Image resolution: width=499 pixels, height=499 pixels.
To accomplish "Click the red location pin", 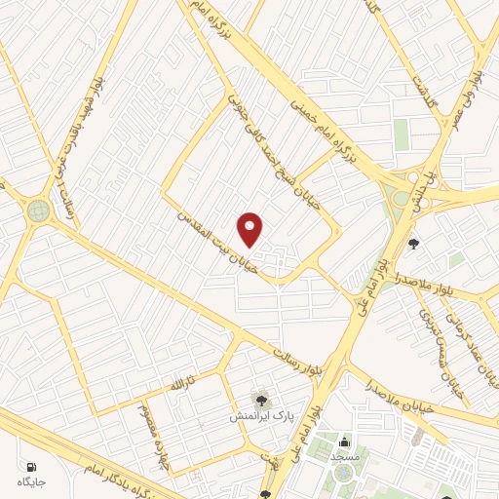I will point(250,229).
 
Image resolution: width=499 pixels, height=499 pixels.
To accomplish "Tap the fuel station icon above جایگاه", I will point(31,467).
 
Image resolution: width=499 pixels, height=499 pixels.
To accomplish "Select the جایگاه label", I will point(31,481).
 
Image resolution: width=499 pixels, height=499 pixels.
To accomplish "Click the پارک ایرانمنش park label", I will point(255,415).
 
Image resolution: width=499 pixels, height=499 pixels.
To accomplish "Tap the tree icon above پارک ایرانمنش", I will point(260,399).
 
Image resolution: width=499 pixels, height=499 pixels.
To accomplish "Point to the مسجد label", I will point(344,456).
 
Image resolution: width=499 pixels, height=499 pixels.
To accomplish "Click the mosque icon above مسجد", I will point(344,442).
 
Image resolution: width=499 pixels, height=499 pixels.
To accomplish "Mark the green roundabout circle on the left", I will point(38,210).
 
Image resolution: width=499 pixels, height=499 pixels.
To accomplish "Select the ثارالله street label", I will point(183,383).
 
